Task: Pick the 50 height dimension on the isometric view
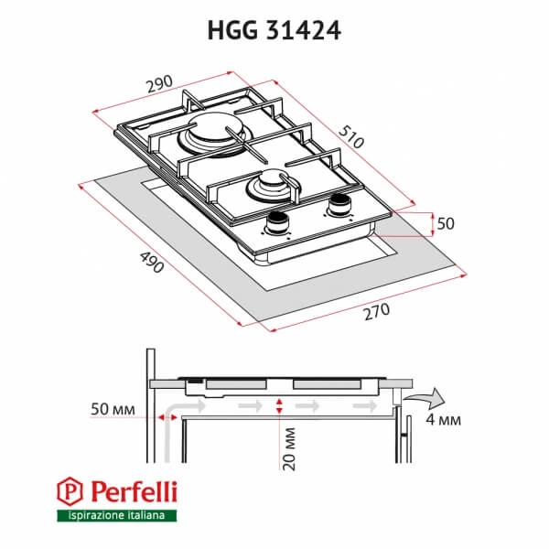click(445, 223)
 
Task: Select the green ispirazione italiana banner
click(114, 517)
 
